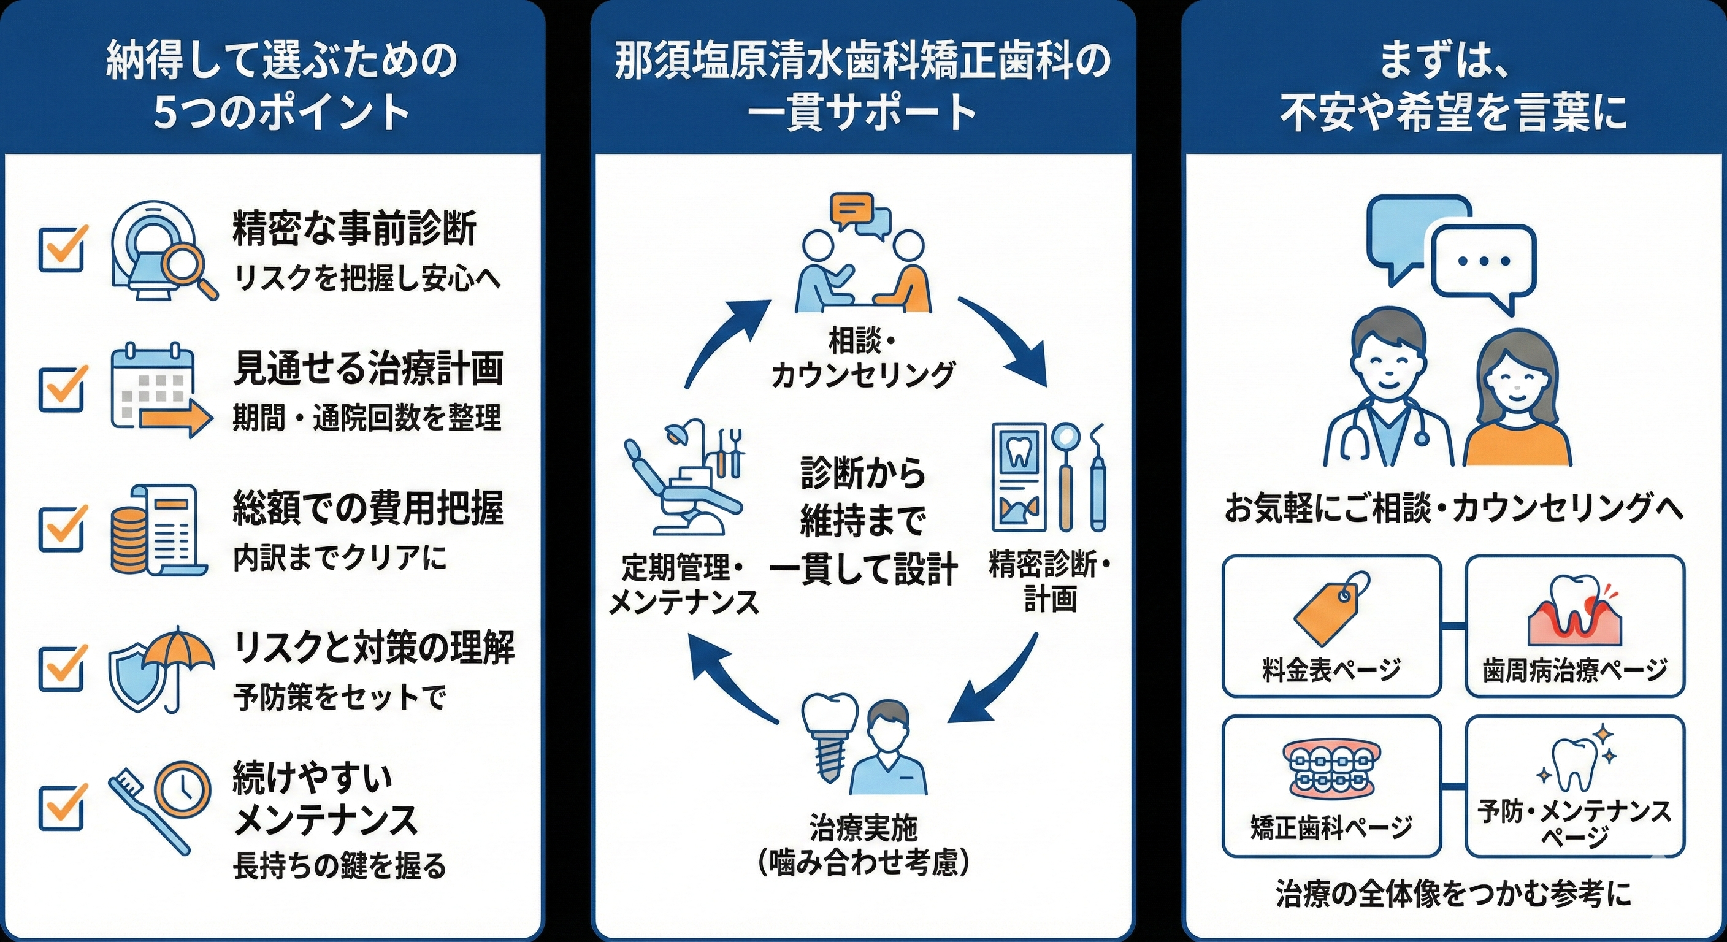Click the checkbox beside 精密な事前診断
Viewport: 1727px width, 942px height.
coord(62,250)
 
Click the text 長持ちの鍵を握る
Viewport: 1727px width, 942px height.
coord(339,865)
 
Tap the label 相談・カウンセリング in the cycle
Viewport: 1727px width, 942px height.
coord(862,358)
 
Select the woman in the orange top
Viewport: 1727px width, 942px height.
coord(1517,402)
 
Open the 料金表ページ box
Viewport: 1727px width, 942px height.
coord(1331,626)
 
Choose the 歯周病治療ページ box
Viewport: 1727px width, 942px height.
coord(1575,626)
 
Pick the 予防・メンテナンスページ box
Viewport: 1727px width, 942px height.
coord(1575,786)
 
